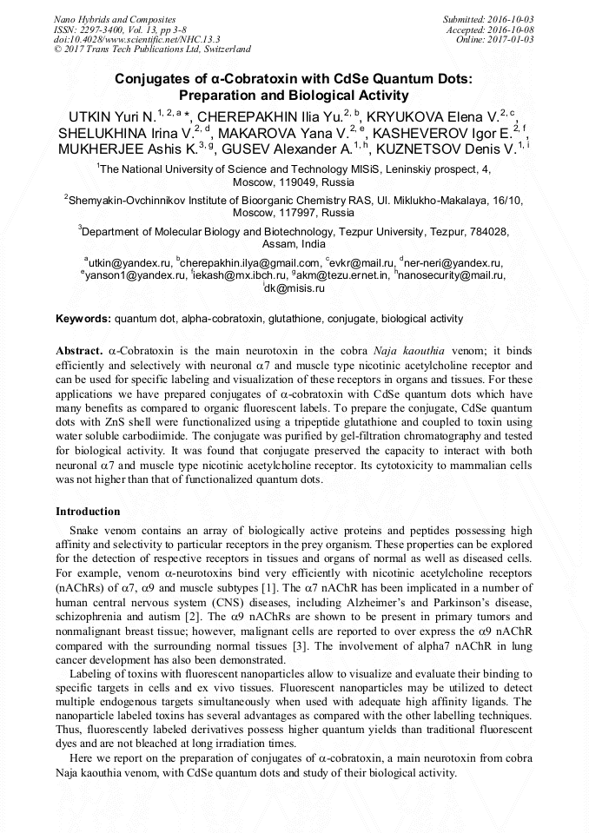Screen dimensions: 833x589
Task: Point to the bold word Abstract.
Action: coord(79,350)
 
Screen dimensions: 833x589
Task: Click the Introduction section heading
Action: coord(88,512)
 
